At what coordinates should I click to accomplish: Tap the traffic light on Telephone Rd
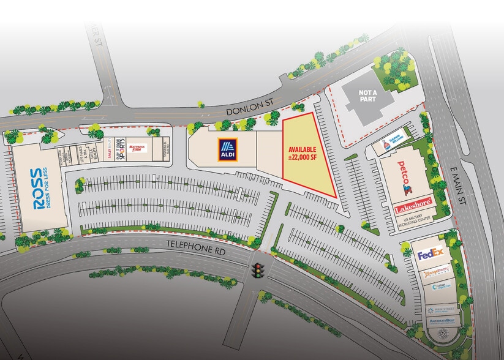(258, 269)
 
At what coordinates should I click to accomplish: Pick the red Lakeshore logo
(413, 203)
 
